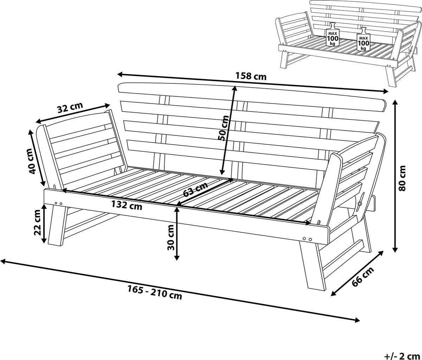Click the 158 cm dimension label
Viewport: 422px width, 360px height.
251,76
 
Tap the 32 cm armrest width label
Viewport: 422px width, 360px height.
70,107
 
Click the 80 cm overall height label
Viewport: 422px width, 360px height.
402,178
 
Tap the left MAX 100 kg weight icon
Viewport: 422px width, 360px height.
333,34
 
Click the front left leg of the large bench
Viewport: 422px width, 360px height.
58,226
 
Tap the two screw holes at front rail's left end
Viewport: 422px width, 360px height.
59,203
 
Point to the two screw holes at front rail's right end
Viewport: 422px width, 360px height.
307,239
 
